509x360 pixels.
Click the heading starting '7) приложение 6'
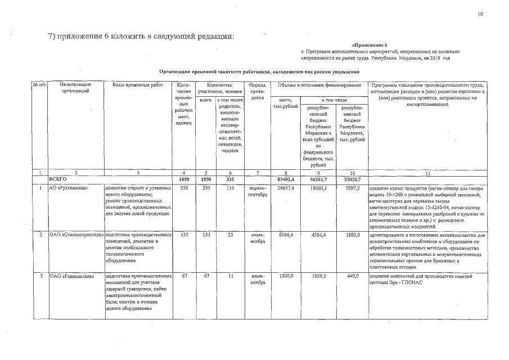[141, 37]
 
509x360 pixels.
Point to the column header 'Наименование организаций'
[75, 88]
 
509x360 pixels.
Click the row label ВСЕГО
[58, 178]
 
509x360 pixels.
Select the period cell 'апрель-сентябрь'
[257, 191]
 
